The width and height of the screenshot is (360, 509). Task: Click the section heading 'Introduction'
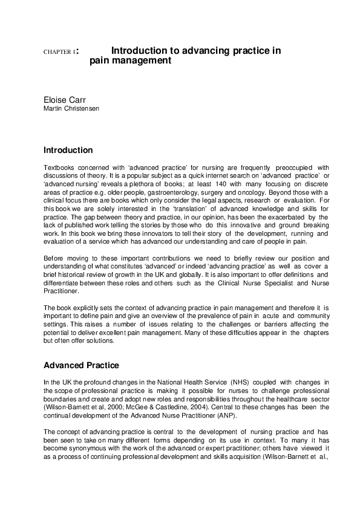click(68, 150)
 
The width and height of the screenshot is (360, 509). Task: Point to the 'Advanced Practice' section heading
click(81, 366)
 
